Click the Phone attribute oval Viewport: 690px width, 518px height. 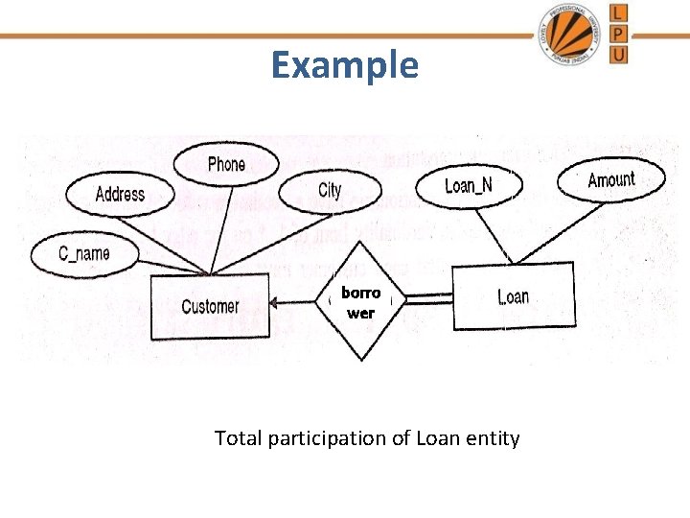[x=226, y=164]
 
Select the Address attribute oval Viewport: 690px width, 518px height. [x=120, y=195]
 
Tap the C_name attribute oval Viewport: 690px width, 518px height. [x=84, y=253]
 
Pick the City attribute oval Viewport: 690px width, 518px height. [x=330, y=190]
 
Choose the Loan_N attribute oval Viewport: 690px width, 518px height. [x=469, y=184]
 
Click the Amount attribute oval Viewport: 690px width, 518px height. [x=610, y=179]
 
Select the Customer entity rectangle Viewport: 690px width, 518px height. [x=210, y=307]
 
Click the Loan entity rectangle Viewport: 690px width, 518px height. [x=513, y=296]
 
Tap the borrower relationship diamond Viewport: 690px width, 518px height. [x=360, y=301]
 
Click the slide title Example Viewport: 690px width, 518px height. [x=344, y=65]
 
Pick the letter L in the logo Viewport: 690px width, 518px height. [x=620, y=12]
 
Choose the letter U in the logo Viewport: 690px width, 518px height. [x=620, y=54]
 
